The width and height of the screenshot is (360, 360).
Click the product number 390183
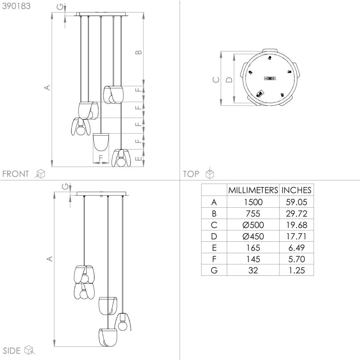[16, 7]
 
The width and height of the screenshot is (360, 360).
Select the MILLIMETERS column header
[253, 190]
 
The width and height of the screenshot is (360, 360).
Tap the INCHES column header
[296, 190]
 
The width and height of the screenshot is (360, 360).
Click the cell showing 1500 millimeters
[253, 202]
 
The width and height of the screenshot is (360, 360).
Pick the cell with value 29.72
[296, 214]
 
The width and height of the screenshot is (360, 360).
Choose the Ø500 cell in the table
[253, 225]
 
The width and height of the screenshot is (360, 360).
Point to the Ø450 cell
[253, 236]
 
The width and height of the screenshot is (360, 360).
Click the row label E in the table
[214, 248]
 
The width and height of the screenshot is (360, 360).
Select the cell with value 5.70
[296, 259]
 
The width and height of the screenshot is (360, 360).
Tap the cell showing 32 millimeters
[253, 270]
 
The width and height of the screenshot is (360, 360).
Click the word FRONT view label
[16, 174]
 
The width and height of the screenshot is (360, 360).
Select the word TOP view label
[191, 174]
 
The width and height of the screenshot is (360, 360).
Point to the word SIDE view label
[12, 350]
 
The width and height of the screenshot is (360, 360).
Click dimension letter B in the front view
[139, 52]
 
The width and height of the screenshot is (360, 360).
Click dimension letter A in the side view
[49, 259]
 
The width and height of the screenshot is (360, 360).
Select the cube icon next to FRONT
[40, 174]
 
